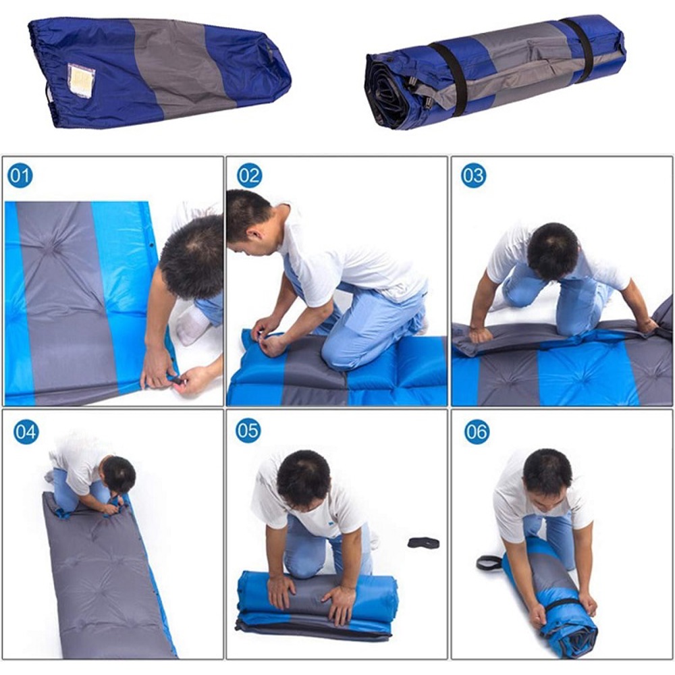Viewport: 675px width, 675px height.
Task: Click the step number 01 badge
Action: point(20,175)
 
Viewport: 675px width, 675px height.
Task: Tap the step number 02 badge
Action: point(249,175)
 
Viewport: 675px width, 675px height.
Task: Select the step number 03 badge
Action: point(474,175)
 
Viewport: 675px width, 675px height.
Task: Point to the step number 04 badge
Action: point(26,432)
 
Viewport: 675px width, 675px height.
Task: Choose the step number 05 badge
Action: point(248,431)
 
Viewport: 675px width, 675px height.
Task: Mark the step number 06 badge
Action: point(477,431)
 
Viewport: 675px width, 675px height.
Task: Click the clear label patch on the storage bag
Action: point(81,80)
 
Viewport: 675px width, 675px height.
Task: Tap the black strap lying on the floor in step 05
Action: point(424,543)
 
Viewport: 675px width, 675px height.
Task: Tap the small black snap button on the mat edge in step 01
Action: point(151,246)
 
